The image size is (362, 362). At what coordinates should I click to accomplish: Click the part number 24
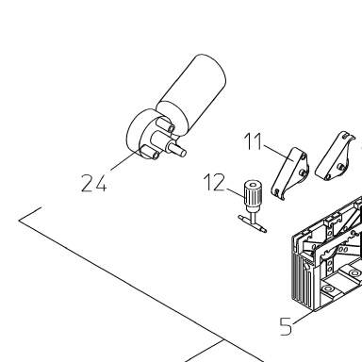[x=94, y=183]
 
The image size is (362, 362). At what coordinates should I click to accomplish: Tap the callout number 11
[x=253, y=141]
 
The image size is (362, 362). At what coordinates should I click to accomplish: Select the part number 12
[x=215, y=182]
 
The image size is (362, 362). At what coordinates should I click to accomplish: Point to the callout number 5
[x=286, y=326]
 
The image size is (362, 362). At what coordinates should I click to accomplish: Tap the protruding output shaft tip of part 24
[x=181, y=152]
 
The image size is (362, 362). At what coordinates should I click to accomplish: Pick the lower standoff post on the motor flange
[x=150, y=153]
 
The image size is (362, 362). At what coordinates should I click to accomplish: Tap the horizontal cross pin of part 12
[x=253, y=223]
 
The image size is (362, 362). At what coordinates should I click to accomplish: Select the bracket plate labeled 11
[x=289, y=173]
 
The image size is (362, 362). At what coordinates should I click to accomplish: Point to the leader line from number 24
[x=124, y=160]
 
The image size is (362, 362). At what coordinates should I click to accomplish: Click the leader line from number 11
[x=279, y=153]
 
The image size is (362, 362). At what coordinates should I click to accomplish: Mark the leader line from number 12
[x=235, y=193]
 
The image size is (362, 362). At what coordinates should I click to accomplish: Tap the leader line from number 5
[x=303, y=318]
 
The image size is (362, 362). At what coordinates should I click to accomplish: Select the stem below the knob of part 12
[x=253, y=212]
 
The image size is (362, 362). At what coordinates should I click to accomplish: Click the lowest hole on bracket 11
[x=276, y=192]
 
